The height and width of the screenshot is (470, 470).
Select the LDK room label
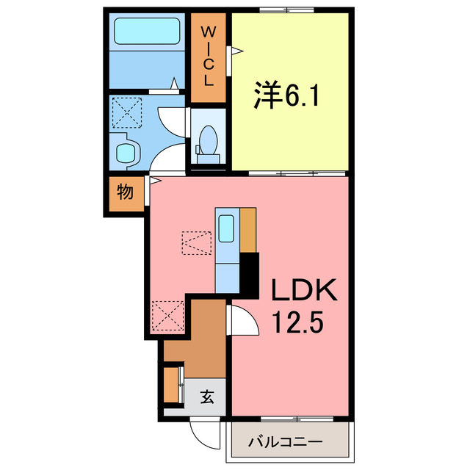click(x=304, y=292)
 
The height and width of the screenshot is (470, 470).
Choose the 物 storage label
click(x=125, y=193)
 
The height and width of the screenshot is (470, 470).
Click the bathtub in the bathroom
click(x=148, y=32)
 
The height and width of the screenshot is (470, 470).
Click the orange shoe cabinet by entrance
click(x=172, y=384)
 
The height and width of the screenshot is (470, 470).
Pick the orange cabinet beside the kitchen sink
click(x=248, y=230)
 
